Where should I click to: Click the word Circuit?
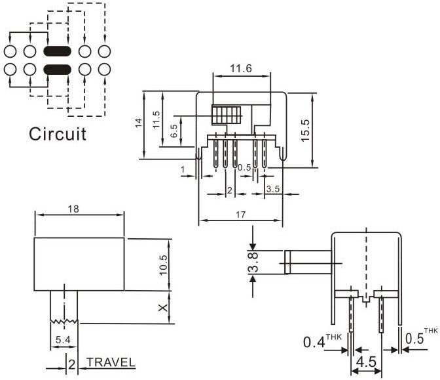[58, 135]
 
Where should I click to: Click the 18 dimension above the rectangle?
[73, 209]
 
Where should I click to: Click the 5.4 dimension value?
[64, 339]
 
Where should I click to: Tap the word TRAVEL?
[111, 362]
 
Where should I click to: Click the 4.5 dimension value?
[367, 362]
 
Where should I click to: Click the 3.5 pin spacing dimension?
[273, 190]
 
